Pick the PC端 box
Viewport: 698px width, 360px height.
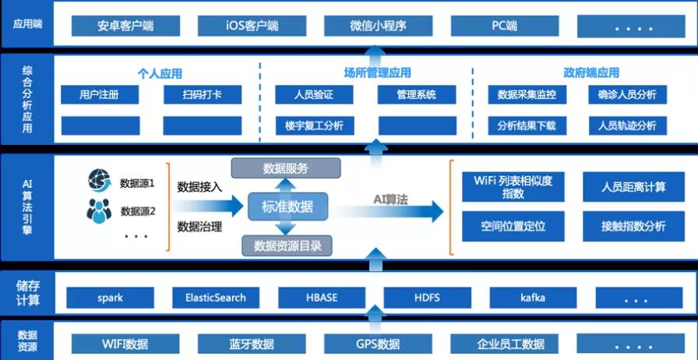click(504, 26)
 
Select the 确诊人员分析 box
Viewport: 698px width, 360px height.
click(627, 95)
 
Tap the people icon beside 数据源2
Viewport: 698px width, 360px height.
click(100, 210)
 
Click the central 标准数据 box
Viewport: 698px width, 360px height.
click(286, 207)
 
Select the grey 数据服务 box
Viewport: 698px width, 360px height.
click(286, 168)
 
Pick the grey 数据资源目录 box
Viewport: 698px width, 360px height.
click(287, 246)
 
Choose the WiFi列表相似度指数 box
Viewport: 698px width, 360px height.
click(513, 187)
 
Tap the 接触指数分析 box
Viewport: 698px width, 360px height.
click(633, 227)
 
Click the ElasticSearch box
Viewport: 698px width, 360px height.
click(216, 298)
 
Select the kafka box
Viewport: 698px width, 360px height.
click(533, 298)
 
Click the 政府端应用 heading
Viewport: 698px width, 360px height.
click(591, 73)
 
